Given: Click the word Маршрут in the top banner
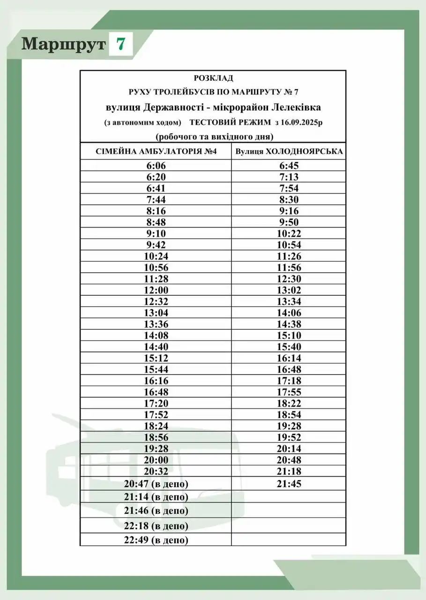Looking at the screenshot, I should coord(63,44).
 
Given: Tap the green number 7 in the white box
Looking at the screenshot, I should coord(120,44).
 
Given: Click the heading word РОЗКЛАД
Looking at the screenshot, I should coord(213,78).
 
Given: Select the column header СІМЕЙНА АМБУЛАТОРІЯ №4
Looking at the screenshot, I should coord(156,151).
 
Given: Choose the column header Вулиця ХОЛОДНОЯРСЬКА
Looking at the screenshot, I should coord(289,151).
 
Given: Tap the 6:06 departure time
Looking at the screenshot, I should coord(156,165).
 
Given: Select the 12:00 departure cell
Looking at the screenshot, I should coord(156,290).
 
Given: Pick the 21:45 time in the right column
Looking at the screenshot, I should coord(289,484).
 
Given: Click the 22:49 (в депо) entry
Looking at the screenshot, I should coord(156,540).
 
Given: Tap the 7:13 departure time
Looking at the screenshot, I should coord(289,177).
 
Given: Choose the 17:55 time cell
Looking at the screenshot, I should coord(289,392).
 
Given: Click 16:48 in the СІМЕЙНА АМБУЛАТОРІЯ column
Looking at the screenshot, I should coord(156,392).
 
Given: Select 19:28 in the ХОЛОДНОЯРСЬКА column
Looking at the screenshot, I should coord(289,426).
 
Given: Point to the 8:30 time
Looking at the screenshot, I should coord(289,200).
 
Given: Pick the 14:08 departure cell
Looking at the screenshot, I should coord(156,336).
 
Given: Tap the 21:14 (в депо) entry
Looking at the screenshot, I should coord(156,497).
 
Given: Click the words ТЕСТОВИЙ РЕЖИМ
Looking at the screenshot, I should coord(230,122).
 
